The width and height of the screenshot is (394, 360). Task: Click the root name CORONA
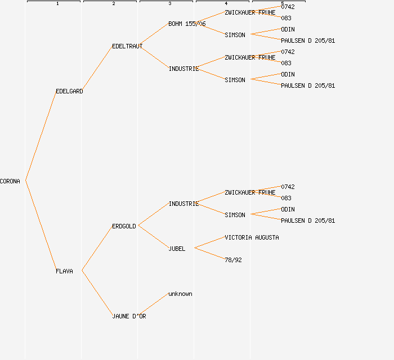pos(10,181)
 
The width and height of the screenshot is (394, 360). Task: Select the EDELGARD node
pos(69,91)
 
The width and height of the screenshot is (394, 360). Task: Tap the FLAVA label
pos(64,271)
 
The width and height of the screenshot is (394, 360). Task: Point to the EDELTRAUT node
pos(127,46)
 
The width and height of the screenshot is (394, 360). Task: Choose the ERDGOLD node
pos(124,226)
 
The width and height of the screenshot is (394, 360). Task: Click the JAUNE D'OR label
pos(129,316)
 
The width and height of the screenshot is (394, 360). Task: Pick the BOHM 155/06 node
pos(187,24)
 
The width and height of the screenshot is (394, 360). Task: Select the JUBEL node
pos(177,249)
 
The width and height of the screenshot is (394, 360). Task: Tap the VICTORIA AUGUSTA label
pos(252,237)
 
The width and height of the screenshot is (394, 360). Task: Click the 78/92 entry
pos(233,260)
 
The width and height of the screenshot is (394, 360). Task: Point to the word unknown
pos(180,294)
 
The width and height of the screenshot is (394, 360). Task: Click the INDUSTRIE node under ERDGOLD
pos(183,204)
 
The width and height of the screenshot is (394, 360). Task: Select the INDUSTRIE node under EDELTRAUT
pos(183,69)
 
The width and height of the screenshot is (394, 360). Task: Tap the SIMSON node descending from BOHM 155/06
pos(235,35)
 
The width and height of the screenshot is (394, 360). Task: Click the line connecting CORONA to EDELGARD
pos(41,136)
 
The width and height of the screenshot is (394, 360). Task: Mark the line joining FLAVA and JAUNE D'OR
pos(97,293)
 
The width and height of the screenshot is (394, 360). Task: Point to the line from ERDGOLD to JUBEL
pos(153,237)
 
